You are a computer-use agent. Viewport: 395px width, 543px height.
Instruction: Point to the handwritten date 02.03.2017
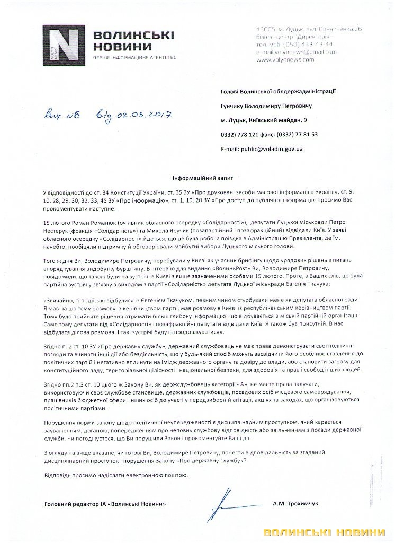[x=142, y=115]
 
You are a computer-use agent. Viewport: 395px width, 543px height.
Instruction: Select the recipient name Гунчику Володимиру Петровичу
[x=272, y=106]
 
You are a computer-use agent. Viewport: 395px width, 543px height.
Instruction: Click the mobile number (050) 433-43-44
[x=304, y=45]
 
